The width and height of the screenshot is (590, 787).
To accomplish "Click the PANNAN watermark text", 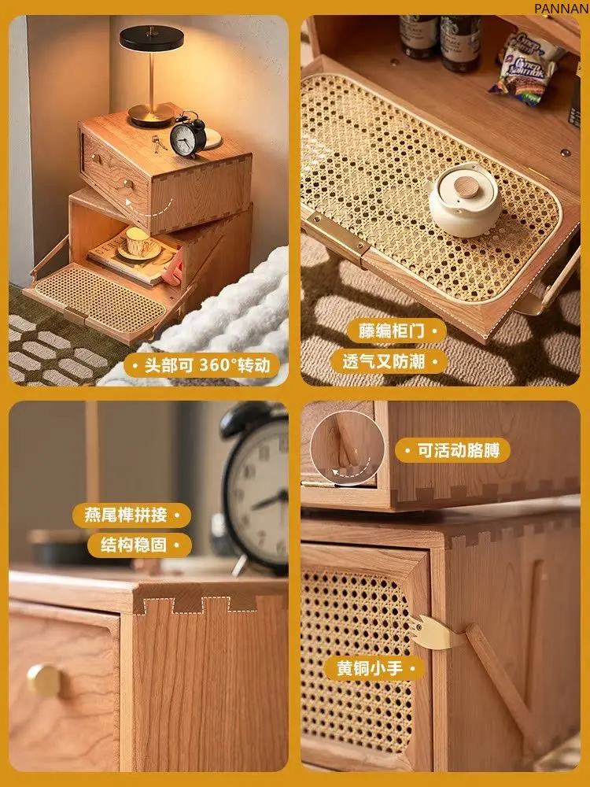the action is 562,9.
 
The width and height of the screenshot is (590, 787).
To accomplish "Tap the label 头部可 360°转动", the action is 207,365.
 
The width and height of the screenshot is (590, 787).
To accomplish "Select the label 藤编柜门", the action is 391,331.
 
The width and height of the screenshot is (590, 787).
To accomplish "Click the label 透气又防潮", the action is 384,361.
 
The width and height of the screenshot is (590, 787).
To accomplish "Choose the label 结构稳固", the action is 134,545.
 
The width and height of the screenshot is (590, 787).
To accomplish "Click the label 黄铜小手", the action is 370,668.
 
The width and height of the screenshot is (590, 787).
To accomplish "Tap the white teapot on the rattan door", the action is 465,200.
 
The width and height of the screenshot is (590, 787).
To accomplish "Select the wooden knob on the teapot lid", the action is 466,185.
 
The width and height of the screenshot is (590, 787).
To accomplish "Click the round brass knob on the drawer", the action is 43,680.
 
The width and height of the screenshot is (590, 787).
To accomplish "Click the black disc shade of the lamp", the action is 151,38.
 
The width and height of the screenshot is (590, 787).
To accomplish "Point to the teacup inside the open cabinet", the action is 138,242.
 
